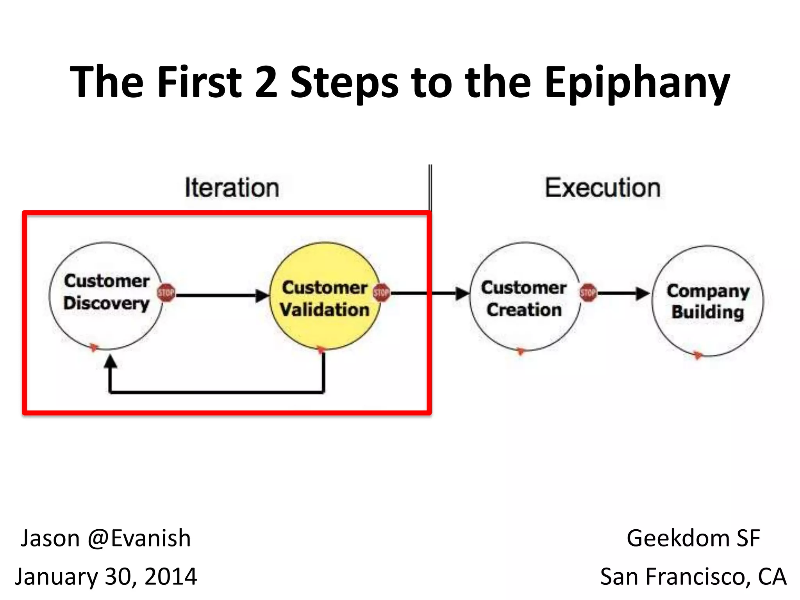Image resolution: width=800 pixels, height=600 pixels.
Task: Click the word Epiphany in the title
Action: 637,83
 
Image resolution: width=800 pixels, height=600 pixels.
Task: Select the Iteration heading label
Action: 232,188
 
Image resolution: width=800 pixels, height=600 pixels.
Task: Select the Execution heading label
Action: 602,188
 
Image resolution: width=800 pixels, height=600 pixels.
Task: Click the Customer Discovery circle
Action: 105,296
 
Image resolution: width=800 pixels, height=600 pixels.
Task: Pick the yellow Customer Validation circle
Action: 324,296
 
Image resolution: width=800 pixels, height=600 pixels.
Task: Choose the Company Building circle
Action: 707,300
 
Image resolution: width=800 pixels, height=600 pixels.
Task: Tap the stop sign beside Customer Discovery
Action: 166,293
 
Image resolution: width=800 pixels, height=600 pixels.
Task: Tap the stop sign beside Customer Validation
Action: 381,292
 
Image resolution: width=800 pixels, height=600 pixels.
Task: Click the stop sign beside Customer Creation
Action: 588,293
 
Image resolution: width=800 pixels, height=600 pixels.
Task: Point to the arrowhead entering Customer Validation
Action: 262,295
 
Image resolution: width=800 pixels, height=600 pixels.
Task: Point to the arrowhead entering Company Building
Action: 642,293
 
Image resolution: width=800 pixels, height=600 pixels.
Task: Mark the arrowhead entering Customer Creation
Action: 462,293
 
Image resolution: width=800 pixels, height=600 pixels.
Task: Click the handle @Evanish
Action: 139,538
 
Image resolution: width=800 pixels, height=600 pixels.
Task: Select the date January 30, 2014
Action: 106,577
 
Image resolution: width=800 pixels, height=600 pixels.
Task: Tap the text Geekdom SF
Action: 693,538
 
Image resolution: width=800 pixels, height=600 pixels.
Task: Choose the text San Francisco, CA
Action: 693,577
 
